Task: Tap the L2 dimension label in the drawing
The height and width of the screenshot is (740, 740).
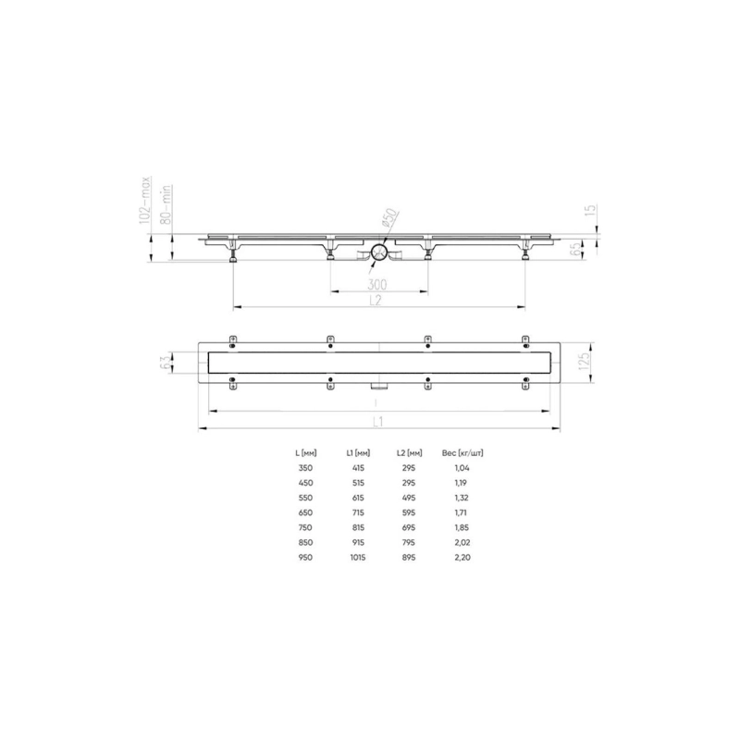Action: click(376, 300)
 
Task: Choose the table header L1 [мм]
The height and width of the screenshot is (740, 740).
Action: click(358, 453)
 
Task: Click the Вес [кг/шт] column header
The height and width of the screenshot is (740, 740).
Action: click(465, 453)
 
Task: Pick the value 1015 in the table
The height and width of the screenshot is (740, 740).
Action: click(358, 558)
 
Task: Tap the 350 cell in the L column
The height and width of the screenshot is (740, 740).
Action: click(304, 469)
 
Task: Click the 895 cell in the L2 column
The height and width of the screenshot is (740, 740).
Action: click(410, 558)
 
